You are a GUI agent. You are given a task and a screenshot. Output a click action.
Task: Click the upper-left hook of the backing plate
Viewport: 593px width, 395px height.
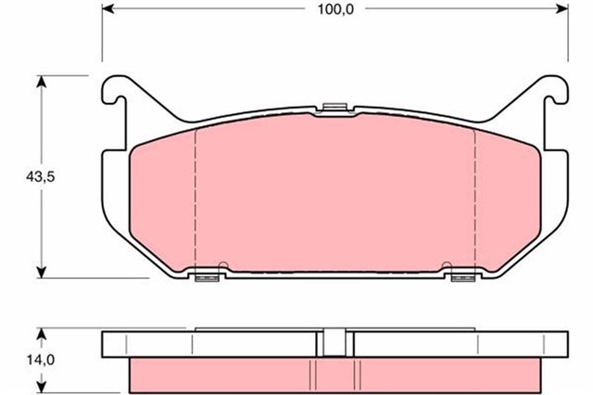tap(112, 91)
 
